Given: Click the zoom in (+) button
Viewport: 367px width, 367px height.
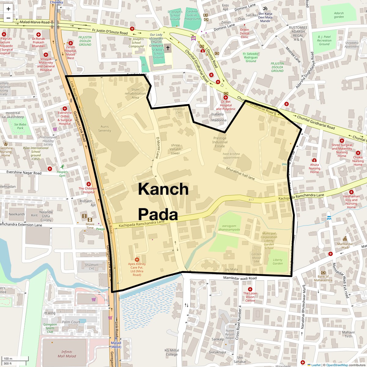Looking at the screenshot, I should (8, 9).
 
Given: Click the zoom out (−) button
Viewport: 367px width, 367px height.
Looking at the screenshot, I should (8, 18).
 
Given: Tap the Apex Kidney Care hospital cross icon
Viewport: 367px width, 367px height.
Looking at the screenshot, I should (137, 259).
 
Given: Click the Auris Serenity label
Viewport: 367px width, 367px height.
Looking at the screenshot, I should (105, 128).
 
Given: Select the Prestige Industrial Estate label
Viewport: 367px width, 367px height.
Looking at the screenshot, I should (220, 142).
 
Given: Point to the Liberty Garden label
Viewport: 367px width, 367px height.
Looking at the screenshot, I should (278, 262).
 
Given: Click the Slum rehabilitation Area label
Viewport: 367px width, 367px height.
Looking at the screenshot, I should (135, 94).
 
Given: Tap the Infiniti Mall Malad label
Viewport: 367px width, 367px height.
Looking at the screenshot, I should (67, 354).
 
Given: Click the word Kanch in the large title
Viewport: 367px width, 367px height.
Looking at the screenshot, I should (163, 189).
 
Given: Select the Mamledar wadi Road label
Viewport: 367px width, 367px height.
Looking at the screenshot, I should (240, 278).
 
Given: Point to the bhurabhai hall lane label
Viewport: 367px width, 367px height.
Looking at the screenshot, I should (240, 173).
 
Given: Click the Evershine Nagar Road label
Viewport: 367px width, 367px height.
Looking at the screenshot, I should (24, 173).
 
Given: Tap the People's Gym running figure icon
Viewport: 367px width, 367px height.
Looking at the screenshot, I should (62, 167).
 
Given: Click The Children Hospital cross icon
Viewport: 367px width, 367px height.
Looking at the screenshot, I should (89, 184).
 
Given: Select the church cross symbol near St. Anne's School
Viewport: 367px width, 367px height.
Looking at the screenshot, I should (168, 48).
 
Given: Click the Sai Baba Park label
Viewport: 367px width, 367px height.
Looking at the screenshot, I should (20, 126).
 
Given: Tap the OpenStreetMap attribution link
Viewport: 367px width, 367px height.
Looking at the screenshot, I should (337, 365).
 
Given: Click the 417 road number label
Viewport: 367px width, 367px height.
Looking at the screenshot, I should (251, 200).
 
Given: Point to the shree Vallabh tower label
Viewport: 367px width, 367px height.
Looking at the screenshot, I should (176, 149).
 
